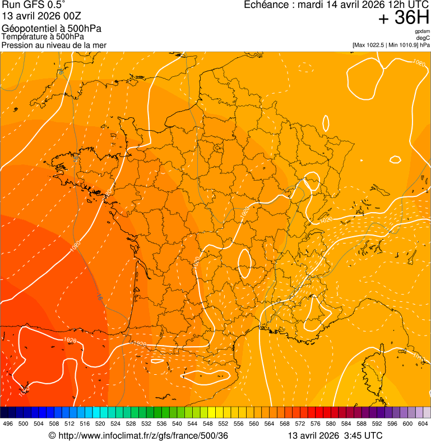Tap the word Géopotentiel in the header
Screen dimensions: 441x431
tap(26, 29)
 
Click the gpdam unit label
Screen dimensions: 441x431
tap(422, 31)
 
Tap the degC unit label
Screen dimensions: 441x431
tap(423, 38)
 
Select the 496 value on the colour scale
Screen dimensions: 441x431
tap(8, 424)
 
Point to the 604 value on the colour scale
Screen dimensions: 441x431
tap(423, 424)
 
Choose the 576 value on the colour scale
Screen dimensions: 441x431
tap(316, 424)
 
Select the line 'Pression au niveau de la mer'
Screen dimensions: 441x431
tap(54, 45)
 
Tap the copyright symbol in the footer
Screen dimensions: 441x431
tap(52, 436)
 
